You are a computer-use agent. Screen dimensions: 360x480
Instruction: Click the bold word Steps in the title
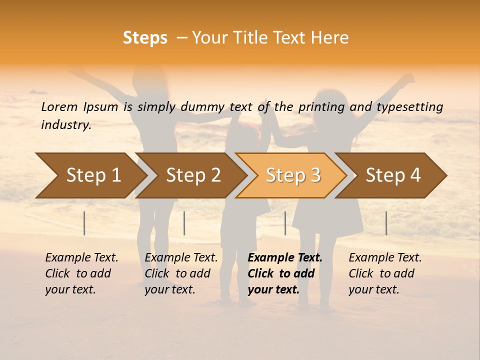[x=145, y=38]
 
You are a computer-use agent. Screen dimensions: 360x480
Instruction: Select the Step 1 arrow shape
[x=90, y=175]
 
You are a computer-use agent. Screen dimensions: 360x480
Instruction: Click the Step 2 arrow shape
[x=192, y=175]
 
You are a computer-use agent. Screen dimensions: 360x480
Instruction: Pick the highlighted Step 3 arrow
[x=292, y=175]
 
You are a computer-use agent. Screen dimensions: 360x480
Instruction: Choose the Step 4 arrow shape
[x=392, y=175]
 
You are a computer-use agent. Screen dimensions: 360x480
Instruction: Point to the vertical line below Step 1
[x=84, y=223]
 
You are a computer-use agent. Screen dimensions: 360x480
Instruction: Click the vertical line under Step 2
[x=184, y=223]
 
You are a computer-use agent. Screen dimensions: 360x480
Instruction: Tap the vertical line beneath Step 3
[x=285, y=223]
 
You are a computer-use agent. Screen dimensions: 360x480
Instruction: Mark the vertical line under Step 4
[x=386, y=223]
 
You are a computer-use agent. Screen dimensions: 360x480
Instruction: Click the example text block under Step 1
[x=81, y=273]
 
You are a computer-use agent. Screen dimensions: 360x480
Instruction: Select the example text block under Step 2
[x=181, y=273]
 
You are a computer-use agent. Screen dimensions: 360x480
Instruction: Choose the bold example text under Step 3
[x=285, y=273]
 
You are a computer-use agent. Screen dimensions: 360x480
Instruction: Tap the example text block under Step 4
[x=385, y=273]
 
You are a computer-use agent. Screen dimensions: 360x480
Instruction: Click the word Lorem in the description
[x=59, y=106]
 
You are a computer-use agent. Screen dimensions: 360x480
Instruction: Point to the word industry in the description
[x=66, y=124]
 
